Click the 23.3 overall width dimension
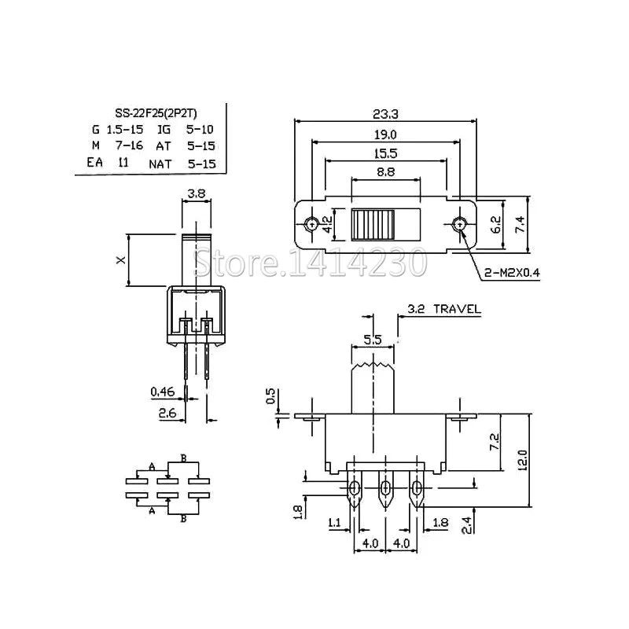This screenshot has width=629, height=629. tap(385, 113)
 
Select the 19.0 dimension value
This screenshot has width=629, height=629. tap(385, 134)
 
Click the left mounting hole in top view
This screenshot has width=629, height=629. tap(312, 224)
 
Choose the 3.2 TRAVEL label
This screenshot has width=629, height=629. tap(444, 309)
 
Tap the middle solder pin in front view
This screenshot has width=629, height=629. tap(385, 491)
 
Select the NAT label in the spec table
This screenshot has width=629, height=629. tap(160, 164)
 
